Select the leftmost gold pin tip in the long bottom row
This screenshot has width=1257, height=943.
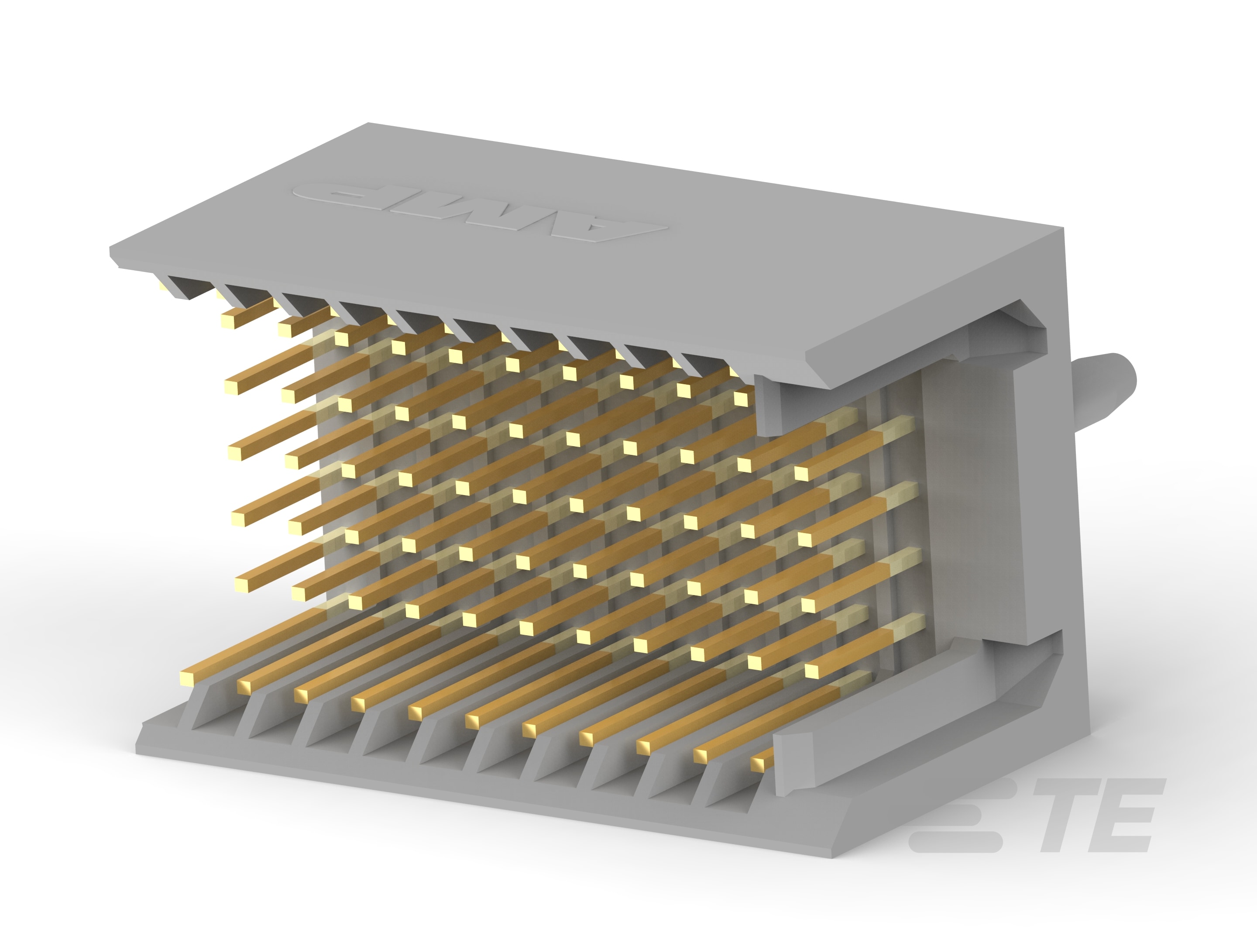point(188,678)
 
